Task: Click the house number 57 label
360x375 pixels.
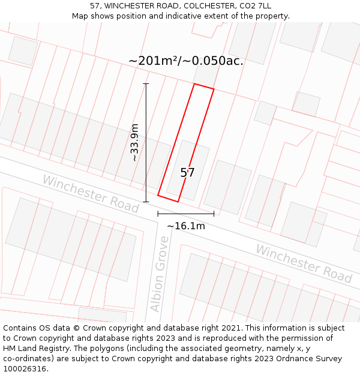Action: [x=187, y=173]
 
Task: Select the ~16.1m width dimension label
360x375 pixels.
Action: [x=185, y=226]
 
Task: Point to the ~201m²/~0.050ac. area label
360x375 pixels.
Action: [x=186, y=61]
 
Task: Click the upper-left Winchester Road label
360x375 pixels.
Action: [x=90, y=193]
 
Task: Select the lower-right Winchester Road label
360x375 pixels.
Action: [x=304, y=263]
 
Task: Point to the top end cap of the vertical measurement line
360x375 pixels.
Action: [x=146, y=83]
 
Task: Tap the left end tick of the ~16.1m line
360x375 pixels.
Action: [x=158, y=213]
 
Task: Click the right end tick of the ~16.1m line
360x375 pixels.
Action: [x=214, y=213]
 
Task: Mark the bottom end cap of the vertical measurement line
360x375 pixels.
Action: [x=146, y=202]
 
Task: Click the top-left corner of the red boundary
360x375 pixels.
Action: [x=194, y=84]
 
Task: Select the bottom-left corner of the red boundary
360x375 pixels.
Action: [x=158, y=195]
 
